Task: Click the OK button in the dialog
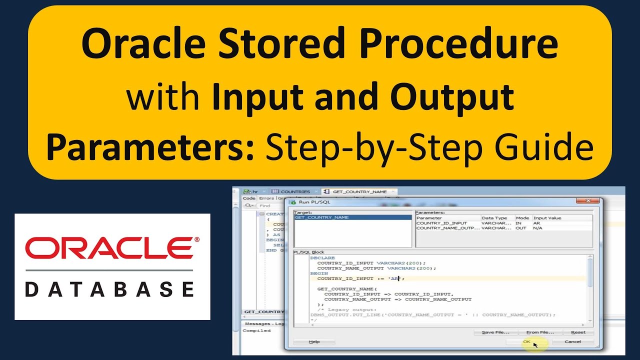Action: click(x=526, y=341)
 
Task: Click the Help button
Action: click(x=314, y=341)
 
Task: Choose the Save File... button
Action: click(x=495, y=332)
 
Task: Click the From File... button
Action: click(x=540, y=332)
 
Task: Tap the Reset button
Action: click(x=578, y=332)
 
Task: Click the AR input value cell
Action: click(x=537, y=223)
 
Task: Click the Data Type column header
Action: click(x=494, y=218)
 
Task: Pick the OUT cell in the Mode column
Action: click(x=521, y=228)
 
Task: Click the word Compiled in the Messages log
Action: click(x=256, y=330)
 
